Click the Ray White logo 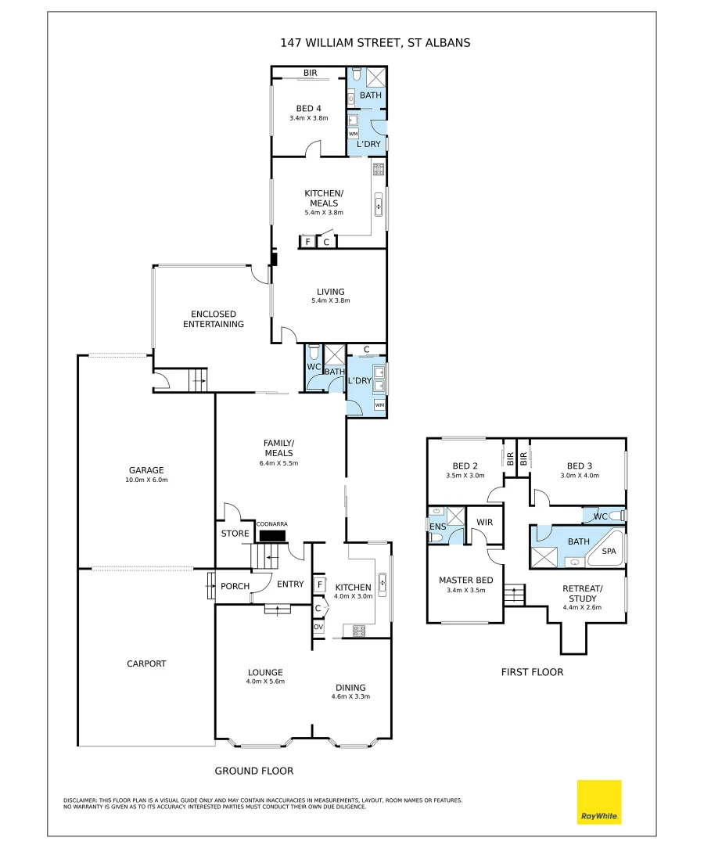[x=599, y=801]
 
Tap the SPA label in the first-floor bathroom [x=609, y=552]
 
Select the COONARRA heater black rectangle [x=272, y=536]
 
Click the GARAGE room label [x=146, y=470]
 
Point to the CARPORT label [x=146, y=663]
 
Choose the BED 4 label [x=309, y=108]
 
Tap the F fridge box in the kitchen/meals [x=307, y=242]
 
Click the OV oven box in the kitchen [x=318, y=627]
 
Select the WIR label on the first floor [x=484, y=522]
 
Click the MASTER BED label [x=466, y=580]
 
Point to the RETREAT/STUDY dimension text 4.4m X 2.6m [x=582, y=607]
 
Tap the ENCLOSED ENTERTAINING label [x=214, y=319]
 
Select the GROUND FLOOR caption [x=254, y=771]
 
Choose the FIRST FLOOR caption [x=532, y=672]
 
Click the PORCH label [x=235, y=586]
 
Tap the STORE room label [x=235, y=533]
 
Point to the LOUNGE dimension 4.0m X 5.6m [x=265, y=681]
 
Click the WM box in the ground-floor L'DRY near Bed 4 [x=354, y=134]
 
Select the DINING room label [x=350, y=688]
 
